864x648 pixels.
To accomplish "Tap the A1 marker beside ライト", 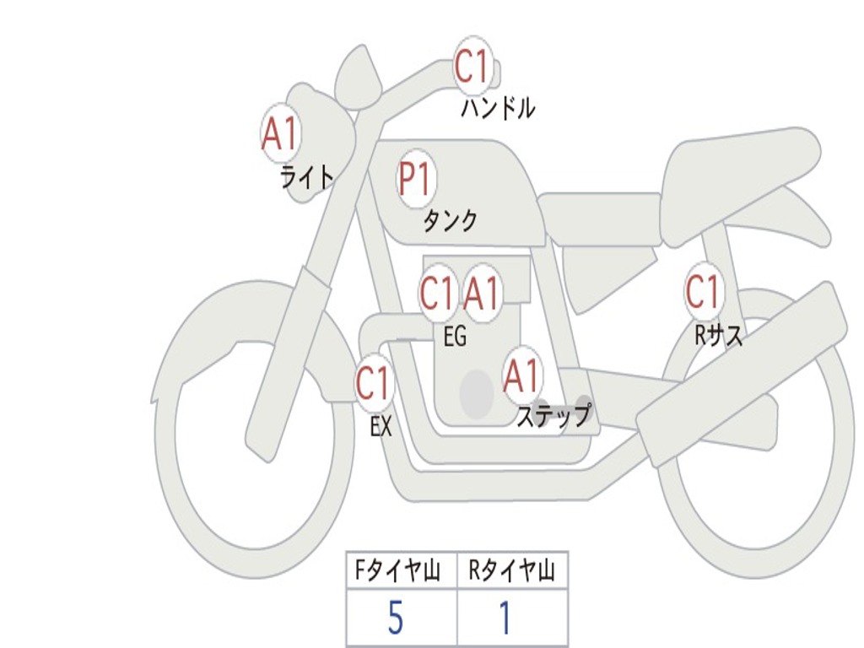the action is coord(280,132).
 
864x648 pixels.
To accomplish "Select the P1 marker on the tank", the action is coord(415,178).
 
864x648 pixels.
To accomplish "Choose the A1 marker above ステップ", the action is coord(521,375).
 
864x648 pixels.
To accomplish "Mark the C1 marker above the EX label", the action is coord(373,384).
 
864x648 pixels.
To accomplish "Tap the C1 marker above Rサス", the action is coord(703,292).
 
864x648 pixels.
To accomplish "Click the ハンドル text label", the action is coord(498,108).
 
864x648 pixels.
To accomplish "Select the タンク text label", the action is coord(450,220).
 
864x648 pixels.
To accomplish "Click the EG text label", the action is coord(455,337).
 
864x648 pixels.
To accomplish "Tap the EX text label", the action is coord(381,427).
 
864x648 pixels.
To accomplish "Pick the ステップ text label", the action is coord(553,416).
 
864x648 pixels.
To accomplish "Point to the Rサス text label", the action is coord(719,336).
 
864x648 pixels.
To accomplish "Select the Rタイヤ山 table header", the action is coord(512,572).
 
